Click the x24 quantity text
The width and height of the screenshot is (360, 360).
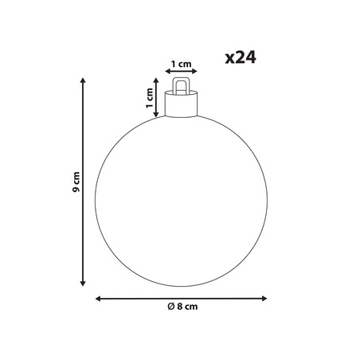241,58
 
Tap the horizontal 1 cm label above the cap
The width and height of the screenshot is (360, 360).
181,64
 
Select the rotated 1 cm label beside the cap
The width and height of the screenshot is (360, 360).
150,98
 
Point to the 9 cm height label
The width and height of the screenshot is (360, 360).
76,182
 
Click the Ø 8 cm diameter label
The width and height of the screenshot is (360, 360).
182,307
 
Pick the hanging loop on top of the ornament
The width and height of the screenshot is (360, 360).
182,79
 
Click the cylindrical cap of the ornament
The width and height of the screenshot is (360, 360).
181,104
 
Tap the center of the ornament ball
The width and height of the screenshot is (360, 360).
181,201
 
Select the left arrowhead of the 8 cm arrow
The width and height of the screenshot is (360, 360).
98,299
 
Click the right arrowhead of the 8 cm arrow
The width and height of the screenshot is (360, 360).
264,299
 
